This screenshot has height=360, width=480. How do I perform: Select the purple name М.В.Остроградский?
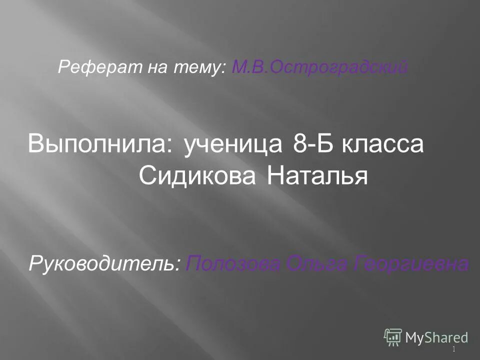(319, 67)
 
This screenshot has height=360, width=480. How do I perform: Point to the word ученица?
(233, 144)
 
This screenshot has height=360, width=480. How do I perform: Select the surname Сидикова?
(198, 175)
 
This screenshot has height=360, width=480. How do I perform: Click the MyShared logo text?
(436, 337)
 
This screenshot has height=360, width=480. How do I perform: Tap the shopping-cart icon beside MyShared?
(393, 337)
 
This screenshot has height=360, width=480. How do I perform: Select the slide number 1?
(453, 349)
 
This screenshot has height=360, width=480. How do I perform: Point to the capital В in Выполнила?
(37, 144)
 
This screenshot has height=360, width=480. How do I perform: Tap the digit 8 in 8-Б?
(299, 144)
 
